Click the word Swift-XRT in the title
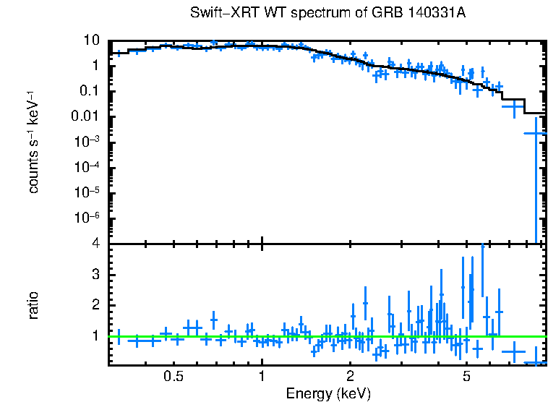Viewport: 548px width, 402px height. coord(218,13)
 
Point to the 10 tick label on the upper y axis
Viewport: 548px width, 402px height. coord(91,40)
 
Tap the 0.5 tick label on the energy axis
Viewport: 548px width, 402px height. coord(174,376)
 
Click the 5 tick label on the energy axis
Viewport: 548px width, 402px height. coord(467,376)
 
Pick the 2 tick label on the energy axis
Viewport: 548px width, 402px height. coord(350,376)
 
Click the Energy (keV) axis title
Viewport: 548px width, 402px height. coord(328,393)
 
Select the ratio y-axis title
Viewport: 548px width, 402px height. coord(33,305)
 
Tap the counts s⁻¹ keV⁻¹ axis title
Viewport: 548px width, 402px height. coord(33,142)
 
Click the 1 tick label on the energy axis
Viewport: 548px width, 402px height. coord(262,376)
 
